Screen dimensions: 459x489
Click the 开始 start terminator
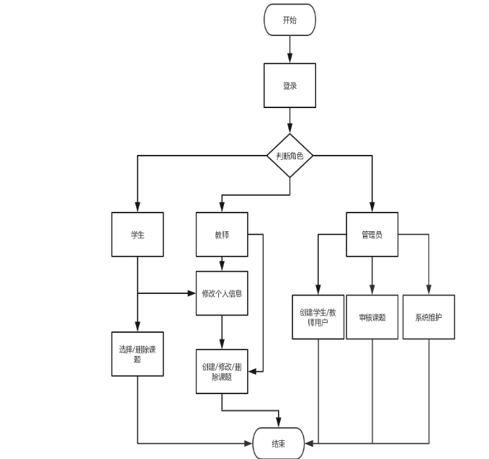tap(290, 19)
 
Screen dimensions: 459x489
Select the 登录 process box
tap(290, 85)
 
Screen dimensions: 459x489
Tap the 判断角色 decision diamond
tap(290, 155)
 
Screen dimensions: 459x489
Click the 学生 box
tap(137, 234)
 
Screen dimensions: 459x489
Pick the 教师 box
tap(222, 234)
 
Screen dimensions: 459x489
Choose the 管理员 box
tap(372, 234)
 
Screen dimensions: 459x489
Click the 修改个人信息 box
tap(222, 293)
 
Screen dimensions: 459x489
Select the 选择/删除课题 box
tap(137, 354)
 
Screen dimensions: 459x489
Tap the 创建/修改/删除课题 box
tap(222, 372)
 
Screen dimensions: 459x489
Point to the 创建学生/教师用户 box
tap(318, 317)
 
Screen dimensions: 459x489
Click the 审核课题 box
tap(372, 317)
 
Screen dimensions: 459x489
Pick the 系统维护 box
tap(429, 317)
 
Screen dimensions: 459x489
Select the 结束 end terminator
tap(278, 443)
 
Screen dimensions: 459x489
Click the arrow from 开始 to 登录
tap(290, 49)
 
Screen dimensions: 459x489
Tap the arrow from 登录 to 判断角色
tap(290, 120)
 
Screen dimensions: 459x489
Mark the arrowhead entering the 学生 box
tap(137, 208)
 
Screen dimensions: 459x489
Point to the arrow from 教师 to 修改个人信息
tap(222, 264)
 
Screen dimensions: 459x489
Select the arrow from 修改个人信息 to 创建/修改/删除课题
tap(222, 333)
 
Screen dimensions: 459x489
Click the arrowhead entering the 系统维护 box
tap(429, 290)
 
